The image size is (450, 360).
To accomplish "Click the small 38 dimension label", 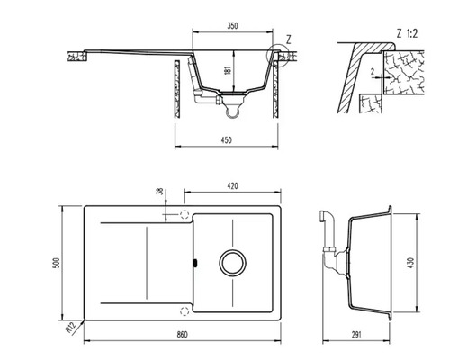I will (x=158, y=192).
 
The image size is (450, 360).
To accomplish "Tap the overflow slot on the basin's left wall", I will (x=195, y=265).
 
